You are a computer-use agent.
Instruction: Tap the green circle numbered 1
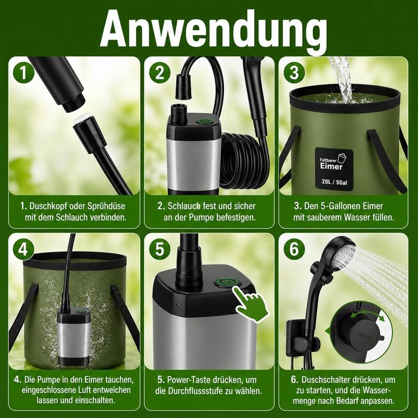[24, 73]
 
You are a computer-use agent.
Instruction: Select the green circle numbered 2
[159, 73]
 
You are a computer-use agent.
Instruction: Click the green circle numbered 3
[294, 73]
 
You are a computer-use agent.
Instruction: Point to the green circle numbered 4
[24, 250]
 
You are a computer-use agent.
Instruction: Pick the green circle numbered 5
[159, 250]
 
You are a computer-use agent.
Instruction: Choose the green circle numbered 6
[294, 250]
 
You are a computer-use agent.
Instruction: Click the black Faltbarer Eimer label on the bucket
[334, 170]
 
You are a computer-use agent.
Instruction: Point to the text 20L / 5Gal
[334, 182]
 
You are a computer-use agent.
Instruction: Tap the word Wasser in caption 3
[356, 217]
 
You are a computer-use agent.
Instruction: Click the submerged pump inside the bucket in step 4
[73, 336]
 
